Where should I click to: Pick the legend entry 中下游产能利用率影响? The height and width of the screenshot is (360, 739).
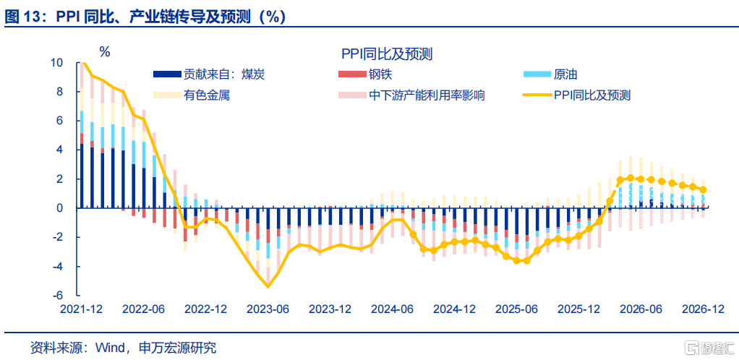(x=427, y=95)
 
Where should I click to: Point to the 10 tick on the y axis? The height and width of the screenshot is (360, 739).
(x=56, y=63)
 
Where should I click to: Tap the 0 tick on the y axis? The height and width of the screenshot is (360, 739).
(x=60, y=208)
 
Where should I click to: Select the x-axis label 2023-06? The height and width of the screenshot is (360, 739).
(x=268, y=309)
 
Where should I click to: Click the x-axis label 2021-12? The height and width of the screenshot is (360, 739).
(x=82, y=309)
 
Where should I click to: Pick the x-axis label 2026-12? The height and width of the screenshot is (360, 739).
(x=704, y=309)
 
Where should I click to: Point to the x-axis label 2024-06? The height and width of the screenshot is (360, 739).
(x=393, y=309)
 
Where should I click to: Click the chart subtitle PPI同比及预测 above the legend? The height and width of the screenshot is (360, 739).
(x=387, y=53)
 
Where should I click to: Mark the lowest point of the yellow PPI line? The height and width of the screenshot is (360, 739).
(x=268, y=286)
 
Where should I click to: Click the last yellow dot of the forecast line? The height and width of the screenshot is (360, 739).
(x=704, y=189)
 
